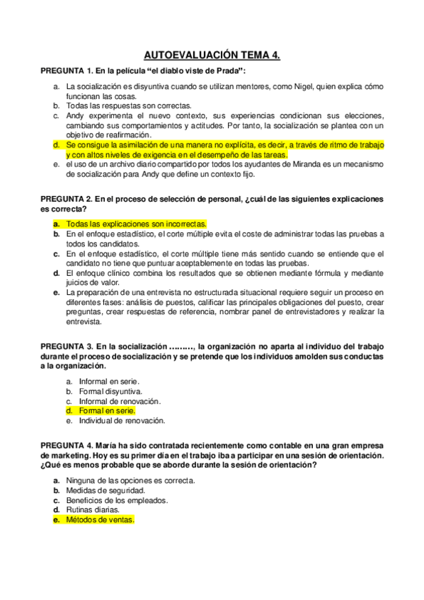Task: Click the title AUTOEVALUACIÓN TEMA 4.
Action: (x=212, y=54)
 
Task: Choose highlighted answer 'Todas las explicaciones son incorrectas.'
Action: (x=136, y=224)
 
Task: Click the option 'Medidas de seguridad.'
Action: (x=105, y=490)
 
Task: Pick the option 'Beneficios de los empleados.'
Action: (x=117, y=500)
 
